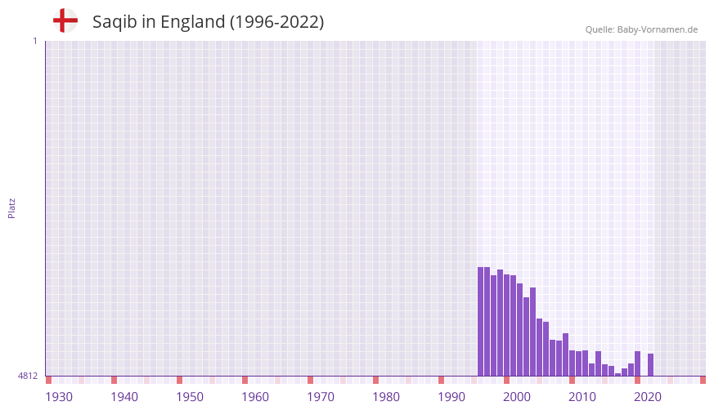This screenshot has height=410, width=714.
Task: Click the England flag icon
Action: pyautogui.click(x=65, y=20)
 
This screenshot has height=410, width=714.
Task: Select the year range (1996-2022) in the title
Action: pyautogui.click(x=276, y=22)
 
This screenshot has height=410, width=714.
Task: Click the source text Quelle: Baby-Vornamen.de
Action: pyautogui.click(x=641, y=29)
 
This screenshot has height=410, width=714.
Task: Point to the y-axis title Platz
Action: pyautogui.click(x=11, y=207)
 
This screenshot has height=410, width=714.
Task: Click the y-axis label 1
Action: pyautogui.click(x=34, y=41)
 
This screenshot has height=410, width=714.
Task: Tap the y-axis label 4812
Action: pyautogui.click(x=28, y=376)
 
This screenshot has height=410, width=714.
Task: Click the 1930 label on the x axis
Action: pyautogui.click(x=59, y=397)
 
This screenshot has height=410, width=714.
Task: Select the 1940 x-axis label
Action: pyautogui.click(x=124, y=397)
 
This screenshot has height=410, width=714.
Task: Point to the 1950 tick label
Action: pyautogui.click(x=190, y=397)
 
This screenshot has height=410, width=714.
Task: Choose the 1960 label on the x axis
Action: pyautogui.click(x=255, y=397)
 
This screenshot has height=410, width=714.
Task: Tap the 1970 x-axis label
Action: pyautogui.click(x=321, y=397)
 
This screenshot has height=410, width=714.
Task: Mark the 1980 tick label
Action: pyautogui.click(x=386, y=397)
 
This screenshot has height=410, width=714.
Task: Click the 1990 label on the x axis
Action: pyautogui.click(x=451, y=397)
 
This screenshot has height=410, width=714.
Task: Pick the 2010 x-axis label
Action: pyautogui.click(x=582, y=397)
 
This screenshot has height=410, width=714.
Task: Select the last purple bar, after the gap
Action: pyautogui.click(x=650, y=365)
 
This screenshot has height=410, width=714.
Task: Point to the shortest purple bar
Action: pyautogui.click(x=618, y=374)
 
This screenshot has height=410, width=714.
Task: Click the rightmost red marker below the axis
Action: pyautogui.click(x=703, y=380)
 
